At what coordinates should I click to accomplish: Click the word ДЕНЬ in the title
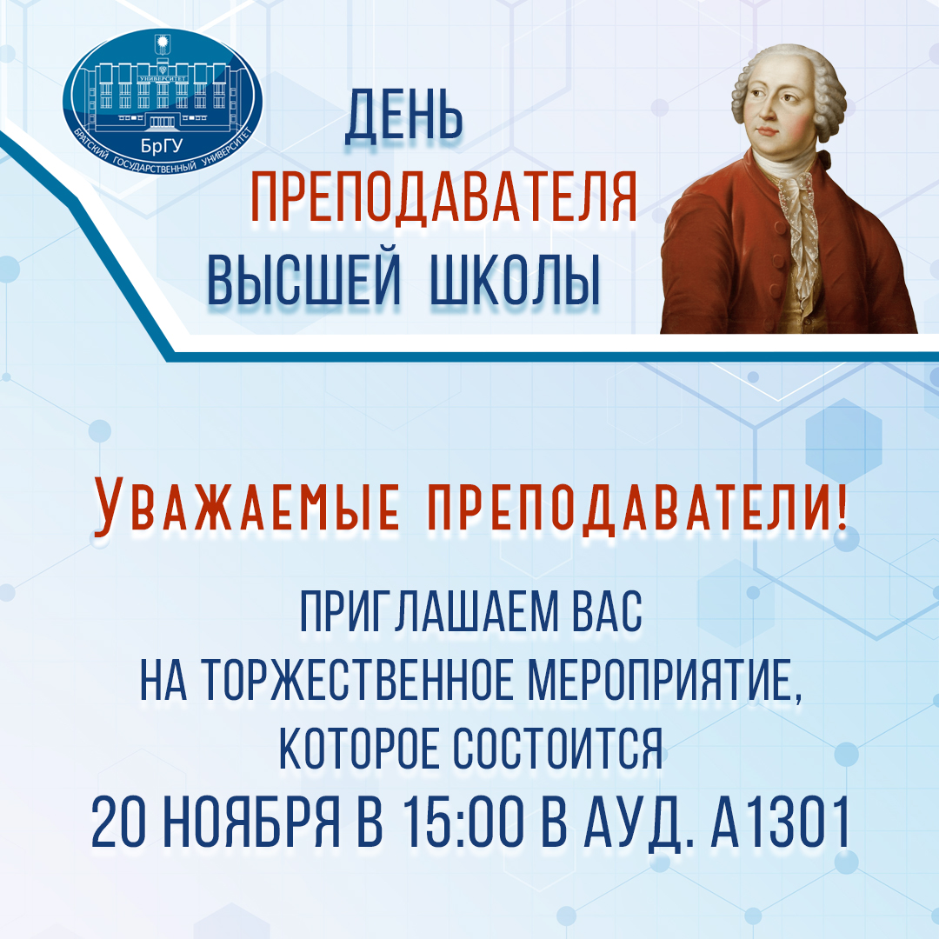tap(403, 116)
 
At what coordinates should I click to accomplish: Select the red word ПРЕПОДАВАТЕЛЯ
tap(443, 197)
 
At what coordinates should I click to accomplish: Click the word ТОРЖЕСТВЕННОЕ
tap(357, 679)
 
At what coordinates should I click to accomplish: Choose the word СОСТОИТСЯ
tap(558, 748)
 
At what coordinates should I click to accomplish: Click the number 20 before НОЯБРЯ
tap(118, 821)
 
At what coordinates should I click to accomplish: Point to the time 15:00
tap(463, 821)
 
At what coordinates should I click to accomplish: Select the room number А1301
tap(780, 821)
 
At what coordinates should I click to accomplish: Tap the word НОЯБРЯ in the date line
tap(251, 821)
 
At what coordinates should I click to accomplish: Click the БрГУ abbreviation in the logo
tap(162, 145)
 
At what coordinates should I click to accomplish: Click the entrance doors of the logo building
tap(162, 122)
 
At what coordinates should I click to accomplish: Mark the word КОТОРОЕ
tap(360, 748)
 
